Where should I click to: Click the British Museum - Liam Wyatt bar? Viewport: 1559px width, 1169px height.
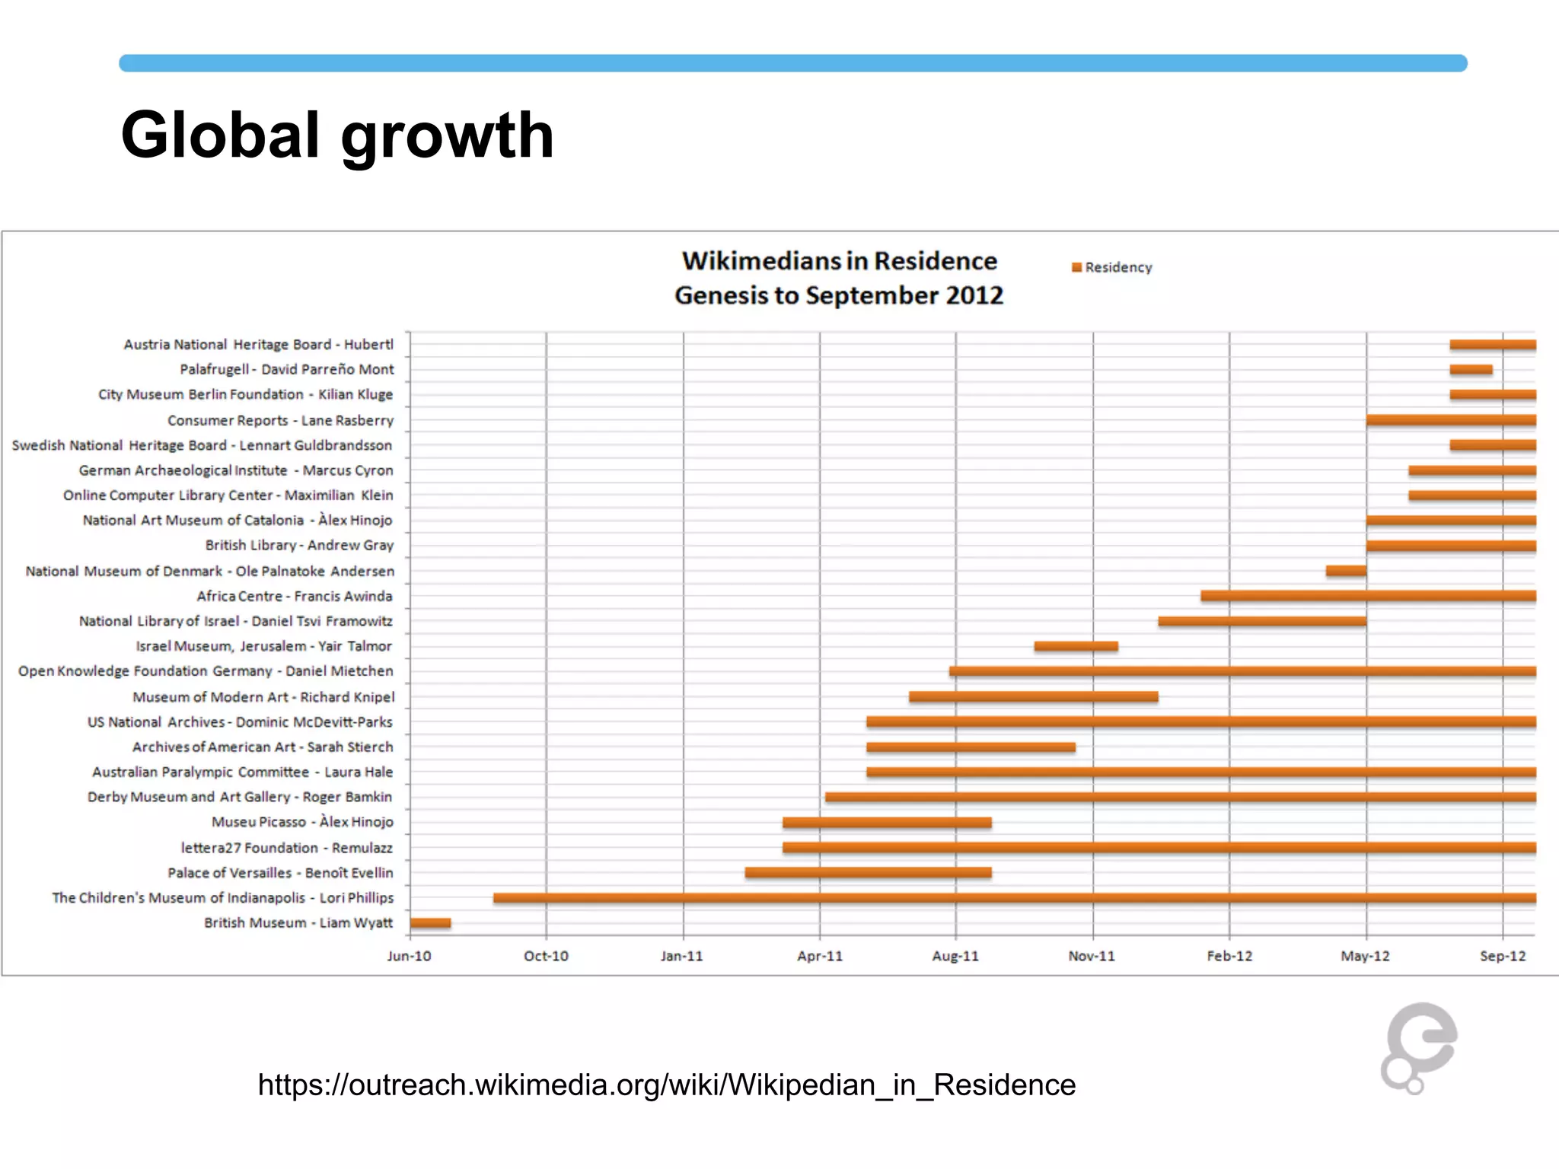point(430,922)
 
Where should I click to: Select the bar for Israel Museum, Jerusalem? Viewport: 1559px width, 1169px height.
point(1076,646)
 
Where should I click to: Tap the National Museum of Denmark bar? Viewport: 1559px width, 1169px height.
point(1345,571)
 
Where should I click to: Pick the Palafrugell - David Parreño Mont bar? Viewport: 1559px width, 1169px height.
point(1471,370)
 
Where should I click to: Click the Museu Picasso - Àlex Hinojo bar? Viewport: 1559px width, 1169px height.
point(887,822)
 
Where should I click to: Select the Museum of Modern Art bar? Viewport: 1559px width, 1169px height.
point(1033,696)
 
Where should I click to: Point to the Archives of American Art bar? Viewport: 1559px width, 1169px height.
point(971,747)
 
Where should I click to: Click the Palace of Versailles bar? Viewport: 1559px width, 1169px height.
point(868,872)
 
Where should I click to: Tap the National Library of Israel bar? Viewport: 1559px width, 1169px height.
point(1262,621)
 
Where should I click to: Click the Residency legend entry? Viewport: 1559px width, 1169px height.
point(1112,267)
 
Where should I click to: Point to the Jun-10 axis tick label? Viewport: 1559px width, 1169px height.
point(409,956)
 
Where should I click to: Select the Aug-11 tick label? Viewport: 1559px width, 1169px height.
point(955,956)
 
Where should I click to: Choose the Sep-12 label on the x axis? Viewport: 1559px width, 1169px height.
point(1503,956)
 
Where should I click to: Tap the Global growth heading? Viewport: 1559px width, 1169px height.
point(337,135)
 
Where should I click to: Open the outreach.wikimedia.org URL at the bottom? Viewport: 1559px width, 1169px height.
point(666,1085)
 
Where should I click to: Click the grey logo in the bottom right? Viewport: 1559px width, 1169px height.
point(1418,1048)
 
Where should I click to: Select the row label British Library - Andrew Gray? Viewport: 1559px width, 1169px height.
point(299,545)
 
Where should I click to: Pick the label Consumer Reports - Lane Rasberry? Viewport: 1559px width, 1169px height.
point(280,420)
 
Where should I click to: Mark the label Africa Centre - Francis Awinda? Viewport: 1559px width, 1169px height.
point(295,596)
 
